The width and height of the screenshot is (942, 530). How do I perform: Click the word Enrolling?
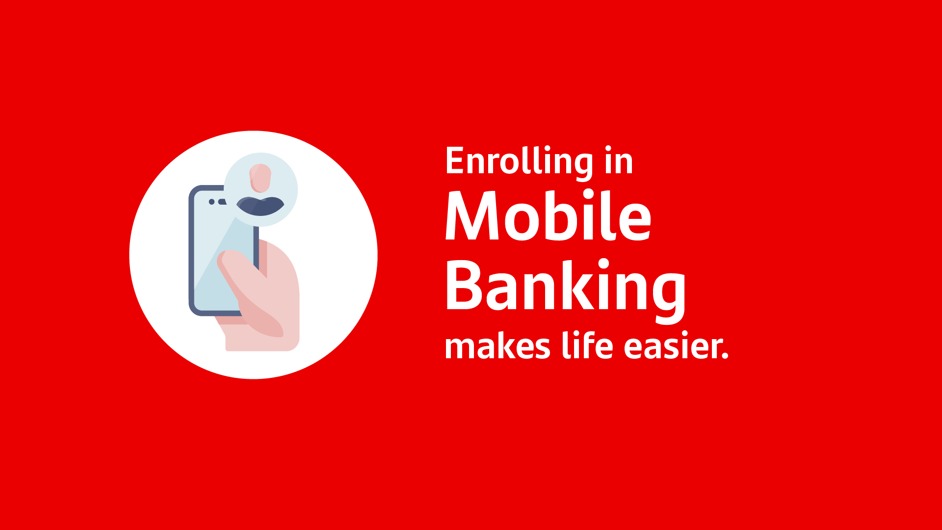(x=520, y=161)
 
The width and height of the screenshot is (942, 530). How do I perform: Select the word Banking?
(x=566, y=287)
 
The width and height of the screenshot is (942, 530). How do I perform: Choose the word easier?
(x=671, y=346)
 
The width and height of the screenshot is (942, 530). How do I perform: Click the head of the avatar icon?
(x=260, y=178)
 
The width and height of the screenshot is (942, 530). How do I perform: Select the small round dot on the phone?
(x=212, y=202)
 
